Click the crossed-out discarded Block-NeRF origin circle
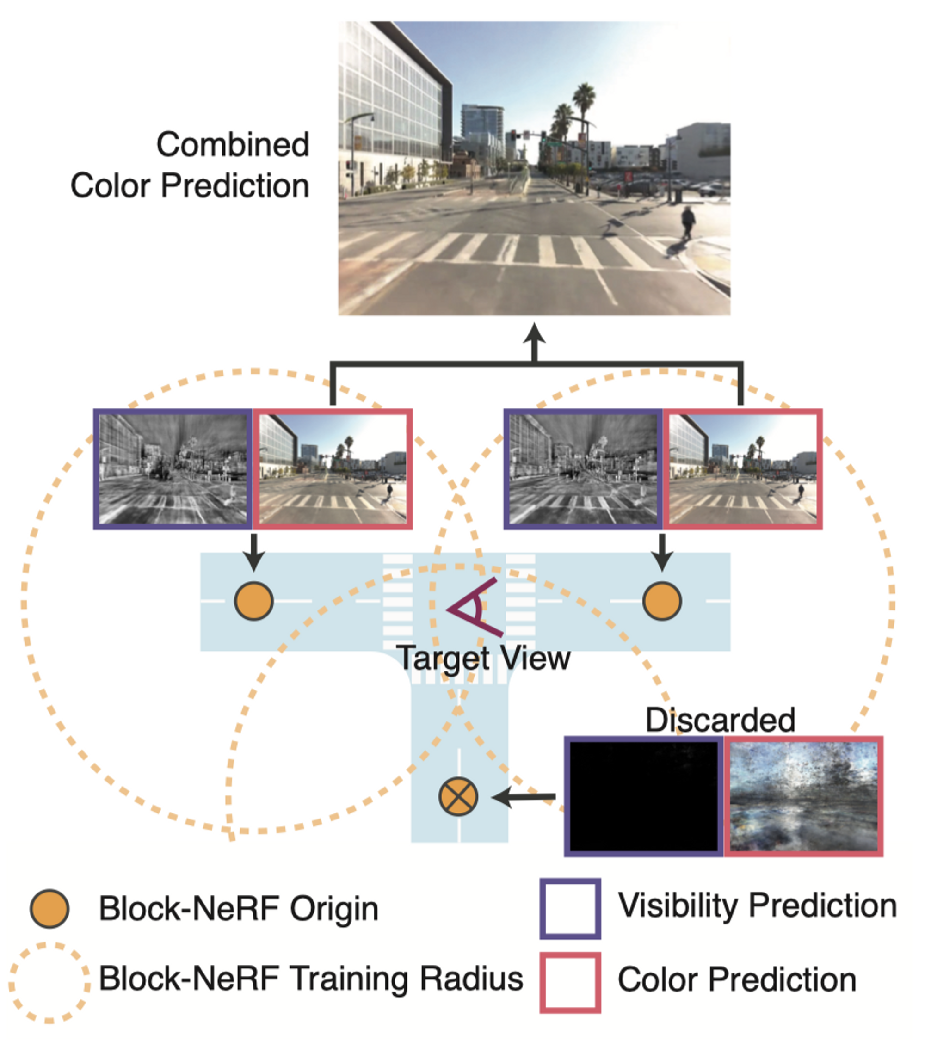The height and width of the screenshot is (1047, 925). [458, 796]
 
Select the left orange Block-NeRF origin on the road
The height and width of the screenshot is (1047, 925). [253, 601]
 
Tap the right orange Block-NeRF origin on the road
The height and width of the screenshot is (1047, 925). [662, 601]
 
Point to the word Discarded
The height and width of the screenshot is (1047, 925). [720, 720]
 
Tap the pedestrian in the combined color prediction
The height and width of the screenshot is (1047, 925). [688, 221]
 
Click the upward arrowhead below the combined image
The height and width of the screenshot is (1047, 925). [535, 333]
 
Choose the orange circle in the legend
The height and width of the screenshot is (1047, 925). [49, 909]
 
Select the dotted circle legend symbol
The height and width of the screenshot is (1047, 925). [49, 982]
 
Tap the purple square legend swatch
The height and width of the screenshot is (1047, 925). [570, 909]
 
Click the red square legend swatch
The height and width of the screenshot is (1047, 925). [570, 982]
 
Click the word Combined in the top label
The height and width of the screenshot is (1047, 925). [233, 144]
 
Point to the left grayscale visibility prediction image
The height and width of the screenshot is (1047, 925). [173, 468]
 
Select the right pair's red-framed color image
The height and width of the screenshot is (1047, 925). [743, 468]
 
